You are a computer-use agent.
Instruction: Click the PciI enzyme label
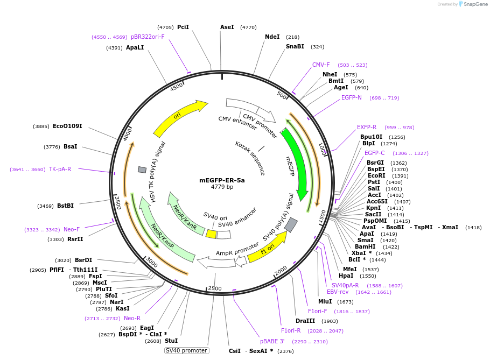tap(183, 27)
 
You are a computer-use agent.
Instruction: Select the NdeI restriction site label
tap(272, 37)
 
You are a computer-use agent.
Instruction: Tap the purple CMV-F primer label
tap(321, 65)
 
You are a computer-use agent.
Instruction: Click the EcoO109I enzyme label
tap(67, 126)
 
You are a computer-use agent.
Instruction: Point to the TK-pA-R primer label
tap(60, 169)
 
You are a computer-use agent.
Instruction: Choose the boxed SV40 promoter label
tap(186, 350)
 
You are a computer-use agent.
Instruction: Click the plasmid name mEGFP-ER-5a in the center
tap(222, 180)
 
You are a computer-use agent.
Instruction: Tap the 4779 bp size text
tap(222, 187)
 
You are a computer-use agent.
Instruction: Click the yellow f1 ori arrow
tap(267, 247)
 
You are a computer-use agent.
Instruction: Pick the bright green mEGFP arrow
tap(296, 161)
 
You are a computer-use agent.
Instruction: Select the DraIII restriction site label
tap(305, 321)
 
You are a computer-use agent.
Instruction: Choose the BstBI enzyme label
tap(65, 206)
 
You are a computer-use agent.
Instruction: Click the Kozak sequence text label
tap(250, 158)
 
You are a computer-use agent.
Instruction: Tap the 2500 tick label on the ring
tap(215, 288)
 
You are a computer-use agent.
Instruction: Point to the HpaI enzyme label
tap(346, 276)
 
